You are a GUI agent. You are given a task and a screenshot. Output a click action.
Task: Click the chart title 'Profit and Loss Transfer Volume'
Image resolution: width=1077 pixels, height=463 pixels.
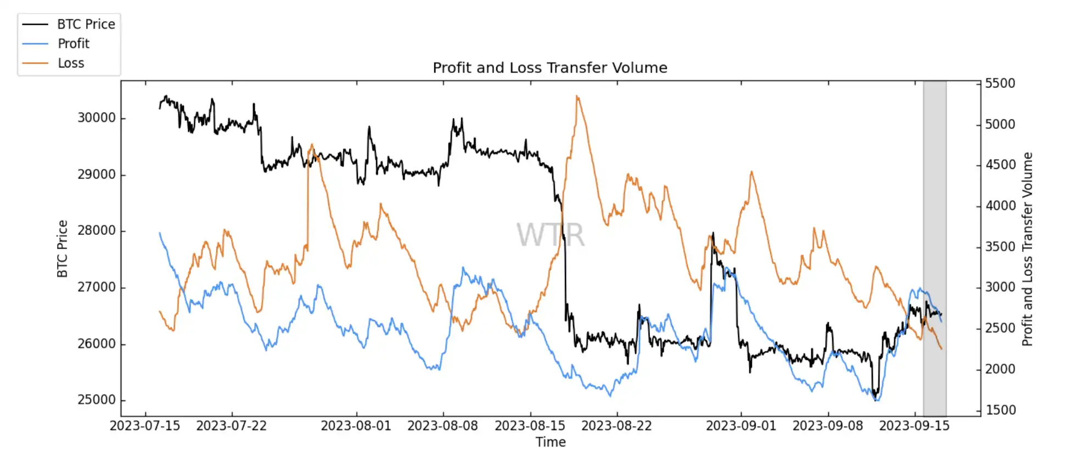[x=549, y=67]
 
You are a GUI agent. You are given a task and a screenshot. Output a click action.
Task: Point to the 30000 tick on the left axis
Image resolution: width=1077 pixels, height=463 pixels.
[x=97, y=118]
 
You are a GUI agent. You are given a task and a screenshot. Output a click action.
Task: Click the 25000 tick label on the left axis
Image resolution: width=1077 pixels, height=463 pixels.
[x=97, y=400]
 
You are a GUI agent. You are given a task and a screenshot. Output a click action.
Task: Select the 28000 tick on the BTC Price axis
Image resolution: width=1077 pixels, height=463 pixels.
[x=97, y=230]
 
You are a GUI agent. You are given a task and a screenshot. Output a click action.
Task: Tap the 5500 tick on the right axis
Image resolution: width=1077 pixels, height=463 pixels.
[x=1000, y=83]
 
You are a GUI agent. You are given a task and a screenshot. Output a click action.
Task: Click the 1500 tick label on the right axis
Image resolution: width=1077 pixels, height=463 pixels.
[x=1000, y=410]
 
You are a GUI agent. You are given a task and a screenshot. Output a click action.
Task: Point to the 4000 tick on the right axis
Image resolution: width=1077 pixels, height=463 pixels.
[x=1000, y=206]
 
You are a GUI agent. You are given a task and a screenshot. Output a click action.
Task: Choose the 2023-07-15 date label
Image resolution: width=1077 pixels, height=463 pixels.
[x=145, y=426]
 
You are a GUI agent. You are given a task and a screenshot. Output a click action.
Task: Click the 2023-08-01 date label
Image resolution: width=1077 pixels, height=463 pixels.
[x=356, y=426]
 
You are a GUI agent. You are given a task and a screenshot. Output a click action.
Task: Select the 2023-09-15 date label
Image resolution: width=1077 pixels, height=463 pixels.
[x=914, y=426]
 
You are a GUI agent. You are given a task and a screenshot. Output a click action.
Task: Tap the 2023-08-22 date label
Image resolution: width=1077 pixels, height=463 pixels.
[x=616, y=426]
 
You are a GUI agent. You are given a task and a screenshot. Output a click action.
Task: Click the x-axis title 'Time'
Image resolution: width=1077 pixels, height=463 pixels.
[x=551, y=442]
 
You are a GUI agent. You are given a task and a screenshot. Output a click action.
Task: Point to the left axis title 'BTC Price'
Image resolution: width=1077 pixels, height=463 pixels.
[x=63, y=249]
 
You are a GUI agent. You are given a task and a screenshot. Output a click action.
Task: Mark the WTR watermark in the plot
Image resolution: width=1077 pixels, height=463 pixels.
[x=550, y=235]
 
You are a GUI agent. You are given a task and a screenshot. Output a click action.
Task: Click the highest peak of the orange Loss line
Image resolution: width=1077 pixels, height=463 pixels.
[x=577, y=96]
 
